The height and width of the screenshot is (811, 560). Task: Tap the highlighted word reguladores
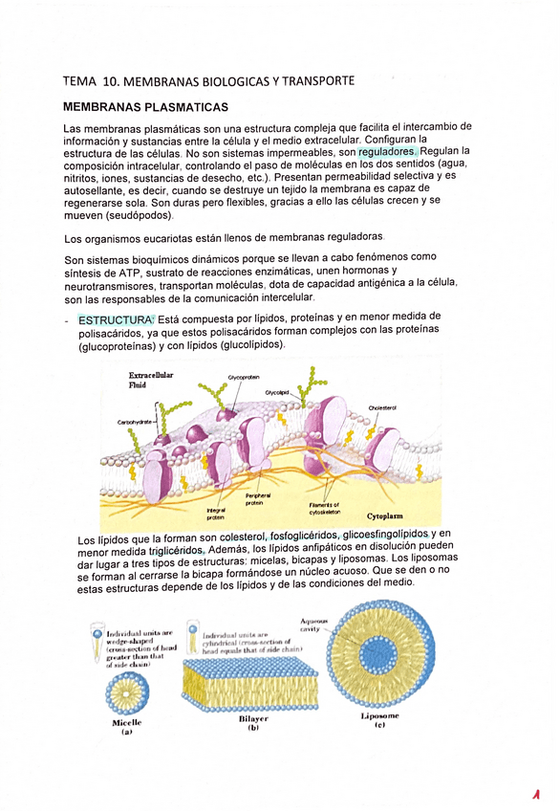(x=387, y=152)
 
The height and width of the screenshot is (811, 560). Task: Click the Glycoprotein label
(x=244, y=378)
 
